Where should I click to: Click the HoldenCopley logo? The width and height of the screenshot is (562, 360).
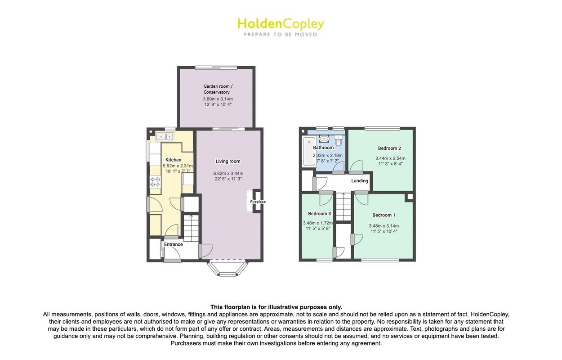tap(281, 27)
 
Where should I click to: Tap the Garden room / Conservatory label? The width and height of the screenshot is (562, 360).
tap(218, 89)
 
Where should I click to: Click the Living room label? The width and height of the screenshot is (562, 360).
tap(228, 161)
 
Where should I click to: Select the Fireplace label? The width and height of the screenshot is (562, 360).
tap(258, 202)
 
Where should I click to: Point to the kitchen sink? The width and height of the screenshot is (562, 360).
tap(165, 136)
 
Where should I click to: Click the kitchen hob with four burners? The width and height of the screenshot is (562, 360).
tap(155, 182)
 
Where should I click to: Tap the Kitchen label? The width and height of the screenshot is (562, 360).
tap(173, 160)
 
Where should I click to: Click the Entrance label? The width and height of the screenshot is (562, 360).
tap(173, 244)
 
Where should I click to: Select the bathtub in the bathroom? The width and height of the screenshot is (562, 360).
tap(309, 151)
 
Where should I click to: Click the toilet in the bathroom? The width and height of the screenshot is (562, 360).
tap(339, 141)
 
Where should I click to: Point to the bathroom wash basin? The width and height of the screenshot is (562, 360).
tap(324, 138)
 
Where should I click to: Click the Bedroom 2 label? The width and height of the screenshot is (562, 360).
tap(389, 148)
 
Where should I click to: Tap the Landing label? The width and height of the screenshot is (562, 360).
tap(360, 181)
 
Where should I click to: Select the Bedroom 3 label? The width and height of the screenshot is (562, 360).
tap(319, 213)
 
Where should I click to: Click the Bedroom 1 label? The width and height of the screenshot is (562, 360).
tap(384, 215)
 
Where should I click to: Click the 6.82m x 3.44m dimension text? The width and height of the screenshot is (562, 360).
tap(228, 173)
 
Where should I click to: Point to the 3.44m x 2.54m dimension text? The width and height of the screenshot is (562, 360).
tap(390, 158)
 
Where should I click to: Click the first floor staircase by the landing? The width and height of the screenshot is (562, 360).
tap(343, 207)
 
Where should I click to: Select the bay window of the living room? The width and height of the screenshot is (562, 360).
tap(228, 269)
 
